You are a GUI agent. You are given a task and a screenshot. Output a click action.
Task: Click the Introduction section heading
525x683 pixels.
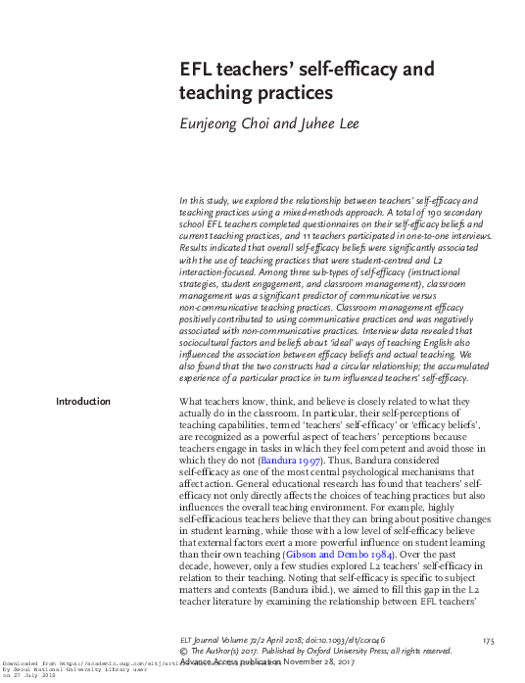tap(83, 402)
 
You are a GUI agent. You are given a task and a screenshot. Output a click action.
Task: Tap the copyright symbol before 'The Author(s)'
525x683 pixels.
tap(183, 650)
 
